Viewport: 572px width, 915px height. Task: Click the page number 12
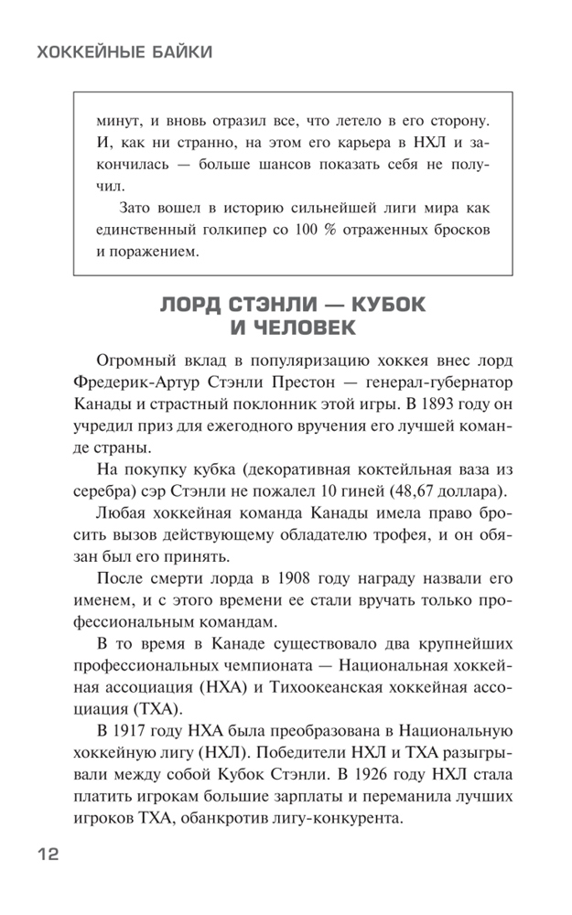tap(48, 855)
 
